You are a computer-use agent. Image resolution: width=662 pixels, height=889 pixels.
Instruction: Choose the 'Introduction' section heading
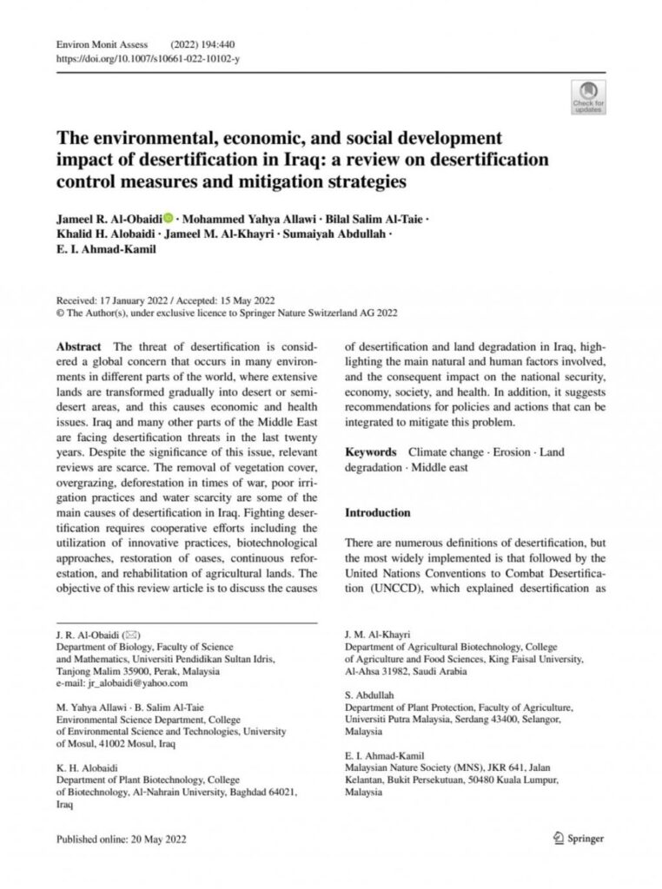(x=378, y=513)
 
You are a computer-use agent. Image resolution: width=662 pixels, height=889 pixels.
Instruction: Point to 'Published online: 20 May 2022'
(x=121, y=840)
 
